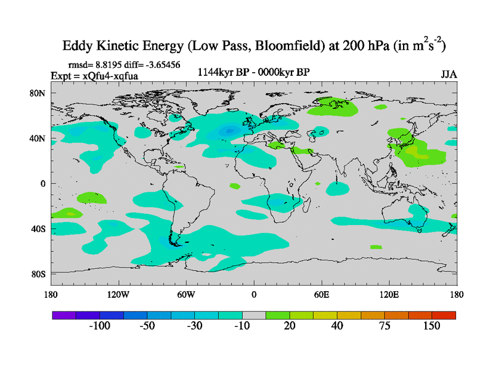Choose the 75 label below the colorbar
click(385, 326)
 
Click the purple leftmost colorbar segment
click(64, 315)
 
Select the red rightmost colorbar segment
click(444, 315)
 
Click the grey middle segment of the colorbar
click(254, 315)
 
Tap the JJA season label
click(449, 74)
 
